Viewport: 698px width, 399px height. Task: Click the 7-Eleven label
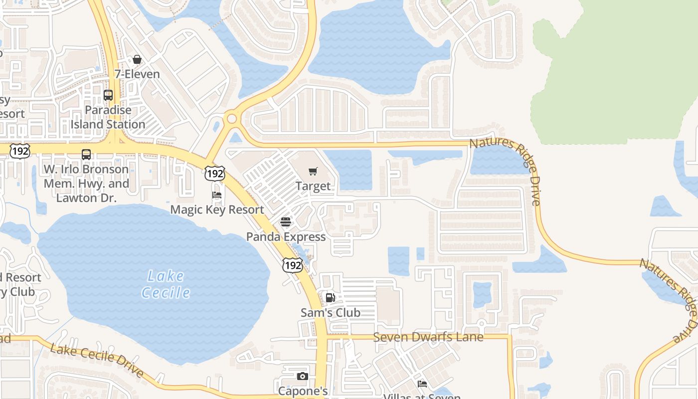(137, 74)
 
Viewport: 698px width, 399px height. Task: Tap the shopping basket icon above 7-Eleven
(137, 60)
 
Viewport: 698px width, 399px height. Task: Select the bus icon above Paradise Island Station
(108, 95)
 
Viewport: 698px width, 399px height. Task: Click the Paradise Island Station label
(108, 117)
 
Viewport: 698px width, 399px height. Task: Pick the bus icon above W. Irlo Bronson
(86, 155)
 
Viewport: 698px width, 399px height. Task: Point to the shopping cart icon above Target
(313, 172)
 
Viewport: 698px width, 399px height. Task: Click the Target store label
(313, 186)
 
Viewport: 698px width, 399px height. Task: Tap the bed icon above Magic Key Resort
(217, 195)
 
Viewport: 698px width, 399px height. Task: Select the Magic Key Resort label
(217, 209)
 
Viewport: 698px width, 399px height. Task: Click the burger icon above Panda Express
(286, 222)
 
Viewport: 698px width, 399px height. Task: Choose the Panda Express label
(286, 237)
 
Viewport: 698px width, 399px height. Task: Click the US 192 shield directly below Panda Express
(292, 265)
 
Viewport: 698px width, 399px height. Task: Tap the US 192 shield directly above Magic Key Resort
(214, 174)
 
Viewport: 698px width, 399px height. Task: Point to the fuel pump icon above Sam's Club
(330, 298)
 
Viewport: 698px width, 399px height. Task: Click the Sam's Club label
(330, 313)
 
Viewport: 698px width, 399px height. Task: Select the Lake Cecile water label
(166, 284)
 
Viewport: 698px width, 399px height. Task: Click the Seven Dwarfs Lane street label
(428, 337)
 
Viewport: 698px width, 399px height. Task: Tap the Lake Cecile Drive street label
(97, 360)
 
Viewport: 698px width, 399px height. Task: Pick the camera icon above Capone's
(302, 377)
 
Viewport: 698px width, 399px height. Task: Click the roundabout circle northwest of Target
(231, 119)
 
